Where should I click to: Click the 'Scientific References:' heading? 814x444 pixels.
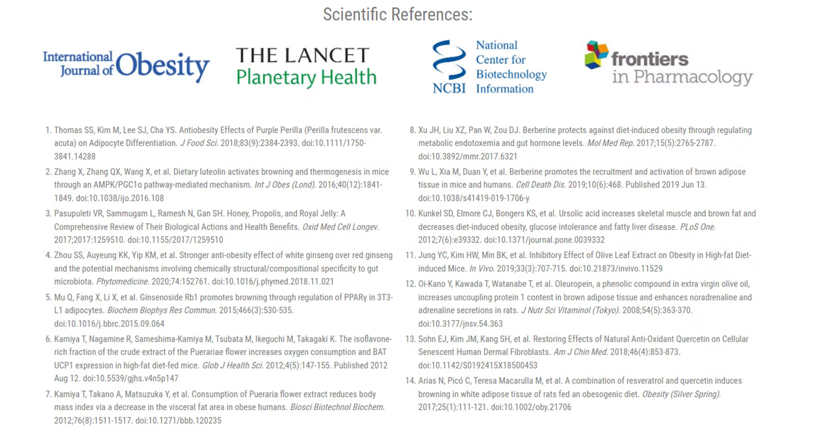click(x=398, y=15)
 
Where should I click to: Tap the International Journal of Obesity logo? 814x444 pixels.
click(x=126, y=66)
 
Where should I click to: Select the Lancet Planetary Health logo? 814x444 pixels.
click(x=306, y=66)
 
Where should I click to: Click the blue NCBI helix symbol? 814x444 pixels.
click(x=449, y=60)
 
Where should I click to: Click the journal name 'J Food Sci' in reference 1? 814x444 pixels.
click(x=199, y=143)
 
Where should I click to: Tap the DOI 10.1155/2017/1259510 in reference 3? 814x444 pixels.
click(x=175, y=240)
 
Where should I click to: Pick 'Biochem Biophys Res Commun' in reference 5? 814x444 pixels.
click(x=162, y=310)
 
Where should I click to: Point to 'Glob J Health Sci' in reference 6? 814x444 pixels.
click(x=233, y=366)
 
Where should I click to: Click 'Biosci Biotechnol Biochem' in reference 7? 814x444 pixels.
click(x=337, y=407)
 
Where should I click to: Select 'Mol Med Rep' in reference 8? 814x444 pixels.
click(x=610, y=143)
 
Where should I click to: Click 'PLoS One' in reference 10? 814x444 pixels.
click(x=697, y=227)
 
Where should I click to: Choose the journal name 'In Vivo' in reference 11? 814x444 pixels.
click(x=482, y=269)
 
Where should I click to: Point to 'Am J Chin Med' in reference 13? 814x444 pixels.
click(x=580, y=352)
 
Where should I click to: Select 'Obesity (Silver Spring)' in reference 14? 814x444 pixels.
click(x=681, y=394)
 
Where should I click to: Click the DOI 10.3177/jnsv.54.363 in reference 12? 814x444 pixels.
click(x=460, y=324)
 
